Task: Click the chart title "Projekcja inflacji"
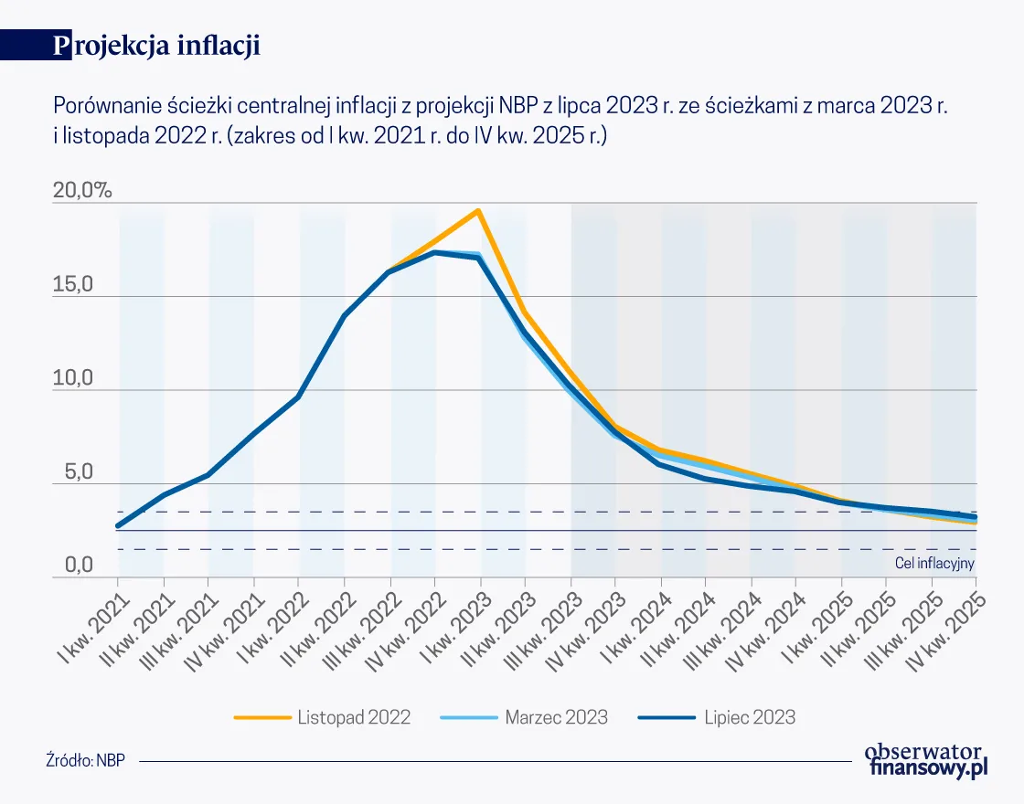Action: tap(157, 47)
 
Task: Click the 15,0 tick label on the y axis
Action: tap(74, 285)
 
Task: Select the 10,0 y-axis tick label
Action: tap(74, 379)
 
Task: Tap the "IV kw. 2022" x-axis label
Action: tap(409, 623)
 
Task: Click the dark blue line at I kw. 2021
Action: tap(118, 525)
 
